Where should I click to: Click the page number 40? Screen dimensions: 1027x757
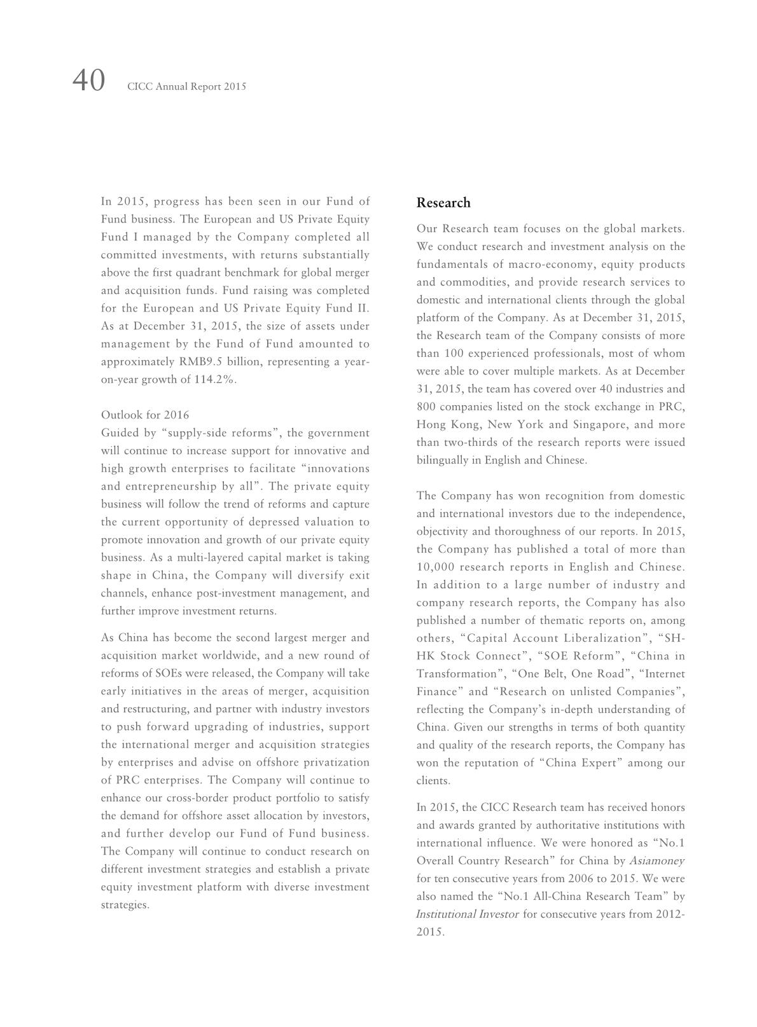tap(88, 81)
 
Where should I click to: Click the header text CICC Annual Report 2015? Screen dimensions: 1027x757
tap(186, 86)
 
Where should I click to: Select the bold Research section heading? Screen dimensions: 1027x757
tap(443, 203)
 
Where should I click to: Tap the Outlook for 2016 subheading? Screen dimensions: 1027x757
tap(145, 415)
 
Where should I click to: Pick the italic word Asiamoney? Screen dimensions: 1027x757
tap(656, 861)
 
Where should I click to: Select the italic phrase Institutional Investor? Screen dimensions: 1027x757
tap(467, 914)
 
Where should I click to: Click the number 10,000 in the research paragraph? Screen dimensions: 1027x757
tap(434, 567)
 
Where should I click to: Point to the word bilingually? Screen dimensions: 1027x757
tap(443, 460)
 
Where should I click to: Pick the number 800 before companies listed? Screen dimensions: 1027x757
tap(426, 407)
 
